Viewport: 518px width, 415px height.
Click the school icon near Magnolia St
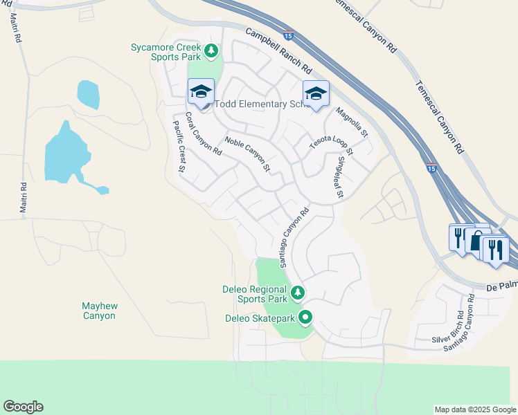click(315, 94)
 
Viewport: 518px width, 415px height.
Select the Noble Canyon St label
click(247, 154)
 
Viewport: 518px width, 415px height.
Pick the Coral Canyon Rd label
click(203, 133)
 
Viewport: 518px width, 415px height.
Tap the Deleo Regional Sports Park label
click(253, 294)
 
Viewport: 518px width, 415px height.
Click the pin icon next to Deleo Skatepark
click(305, 318)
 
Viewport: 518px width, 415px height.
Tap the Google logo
click(23, 407)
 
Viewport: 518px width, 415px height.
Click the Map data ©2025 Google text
click(474, 409)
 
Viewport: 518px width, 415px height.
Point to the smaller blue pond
click(88, 95)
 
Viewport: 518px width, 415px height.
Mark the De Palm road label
click(501, 285)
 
